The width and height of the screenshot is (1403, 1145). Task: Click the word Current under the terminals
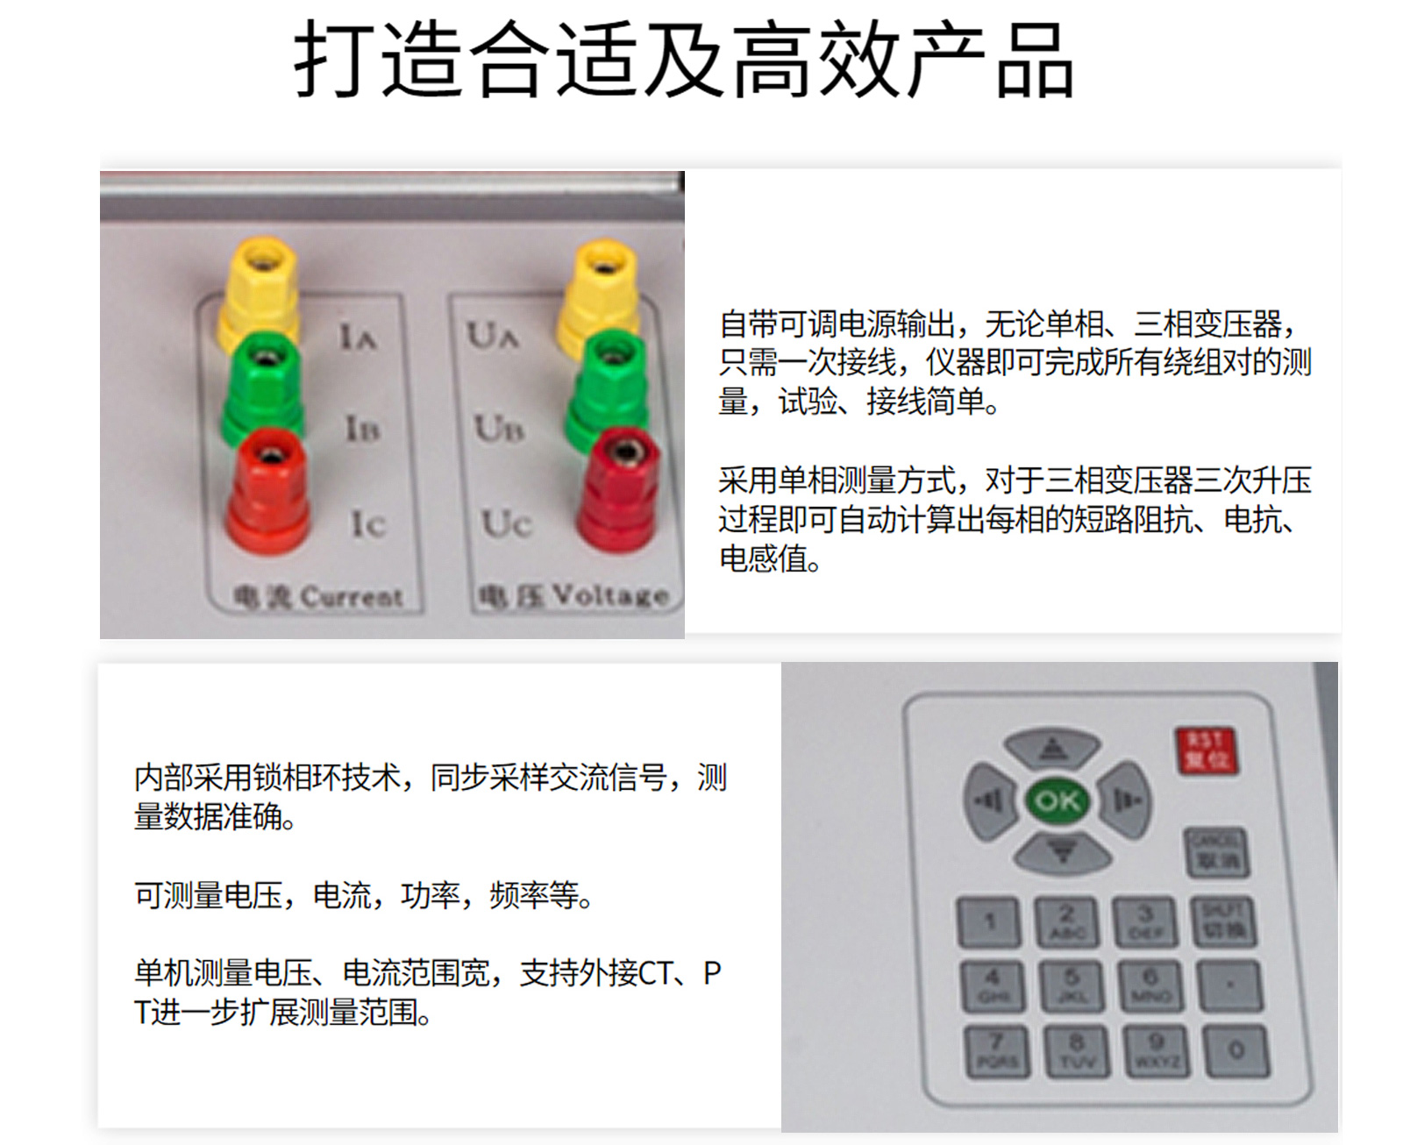(352, 597)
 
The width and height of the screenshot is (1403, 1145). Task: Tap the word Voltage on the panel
(610, 595)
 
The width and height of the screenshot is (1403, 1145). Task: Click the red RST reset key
(1207, 750)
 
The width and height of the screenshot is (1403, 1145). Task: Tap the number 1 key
(989, 921)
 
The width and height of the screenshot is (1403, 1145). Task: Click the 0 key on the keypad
(1236, 1050)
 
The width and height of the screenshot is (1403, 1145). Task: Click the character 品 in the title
(1035, 61)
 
